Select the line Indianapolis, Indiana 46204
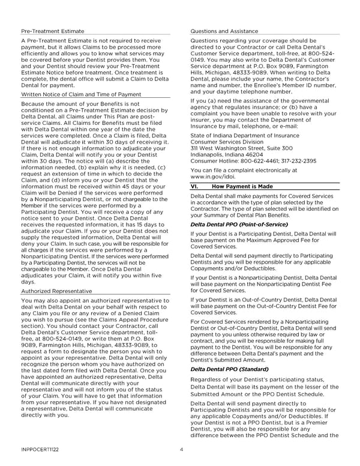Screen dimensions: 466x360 [229, 138]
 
